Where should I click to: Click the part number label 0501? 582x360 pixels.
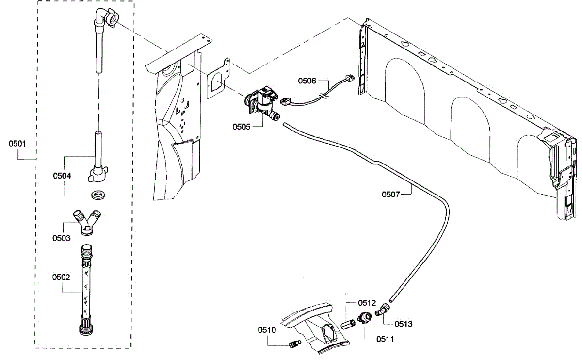(x=17, y=144)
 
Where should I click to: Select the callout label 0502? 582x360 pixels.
(x=61, y=278)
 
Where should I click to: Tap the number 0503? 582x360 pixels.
(x=61, y=238)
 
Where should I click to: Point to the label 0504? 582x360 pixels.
(x=62, y=176)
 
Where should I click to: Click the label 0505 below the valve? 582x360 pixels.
(x=242, y=127)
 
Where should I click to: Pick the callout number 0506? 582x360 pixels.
(x=307, y=81)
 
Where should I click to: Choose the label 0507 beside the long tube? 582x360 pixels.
(x=390, y=195)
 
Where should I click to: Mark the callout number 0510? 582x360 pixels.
(x=267, y=330)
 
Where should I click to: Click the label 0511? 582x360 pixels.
(x=385, y=339)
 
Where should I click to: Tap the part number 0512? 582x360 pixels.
(x=367, y=303)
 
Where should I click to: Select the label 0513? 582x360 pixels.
(x=403, y=324)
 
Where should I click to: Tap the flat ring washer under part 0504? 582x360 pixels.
(x=98, y=194)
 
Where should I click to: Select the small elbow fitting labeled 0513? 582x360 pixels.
(x=382, y=310)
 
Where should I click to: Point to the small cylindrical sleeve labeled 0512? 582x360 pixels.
(x=348, y=325)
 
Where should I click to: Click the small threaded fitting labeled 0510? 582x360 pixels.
(x=295, y=344)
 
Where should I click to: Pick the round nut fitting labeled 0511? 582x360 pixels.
(x=365, y=318)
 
